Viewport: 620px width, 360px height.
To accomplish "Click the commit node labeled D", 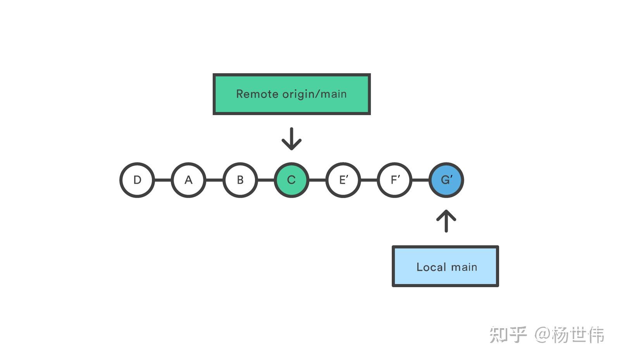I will coord(137,180).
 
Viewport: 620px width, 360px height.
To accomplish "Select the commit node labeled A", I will coord(188,180).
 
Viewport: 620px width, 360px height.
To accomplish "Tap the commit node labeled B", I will coord(240,180).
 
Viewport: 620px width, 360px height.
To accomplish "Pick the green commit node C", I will coord(291,180).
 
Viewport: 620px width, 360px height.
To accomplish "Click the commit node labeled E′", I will coord(343,180).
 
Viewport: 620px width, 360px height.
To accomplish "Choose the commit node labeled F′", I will coord(394,180).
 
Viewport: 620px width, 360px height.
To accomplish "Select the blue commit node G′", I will coord(446,180).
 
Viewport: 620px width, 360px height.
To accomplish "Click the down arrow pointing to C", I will coord(291,138).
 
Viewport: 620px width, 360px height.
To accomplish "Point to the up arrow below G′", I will coord(446,221).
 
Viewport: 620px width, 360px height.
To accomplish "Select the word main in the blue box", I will coord(464,267).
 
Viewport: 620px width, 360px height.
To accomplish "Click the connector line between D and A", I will coord(163,180).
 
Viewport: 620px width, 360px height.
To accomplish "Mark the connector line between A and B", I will coord(214,180).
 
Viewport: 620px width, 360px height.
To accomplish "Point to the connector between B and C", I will coord(266,180).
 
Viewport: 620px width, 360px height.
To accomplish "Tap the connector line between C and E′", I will coord(317,180).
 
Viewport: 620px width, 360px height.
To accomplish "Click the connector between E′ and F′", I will coord(369,180).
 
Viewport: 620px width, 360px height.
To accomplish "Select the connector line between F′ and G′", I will coord(420,180).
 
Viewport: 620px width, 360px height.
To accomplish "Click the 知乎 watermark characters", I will coord(508,334).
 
